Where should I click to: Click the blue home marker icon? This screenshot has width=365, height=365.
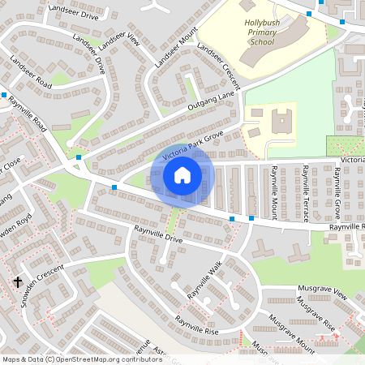(x=182, y=175)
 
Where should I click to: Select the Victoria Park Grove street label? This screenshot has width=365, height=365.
(x=192, y=144)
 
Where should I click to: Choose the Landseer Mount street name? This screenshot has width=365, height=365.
(x=176, y=49)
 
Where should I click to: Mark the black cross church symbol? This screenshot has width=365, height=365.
(x=17, y=282)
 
